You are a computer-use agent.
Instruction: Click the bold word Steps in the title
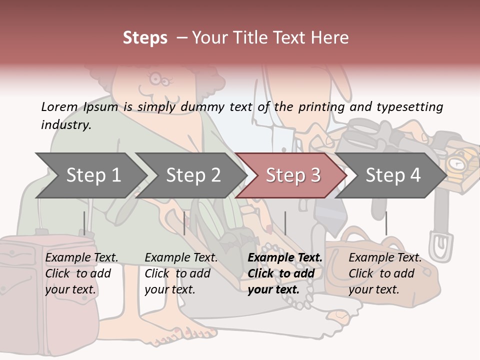coord(145,37)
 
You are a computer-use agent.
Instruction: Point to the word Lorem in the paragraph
coord(59,106)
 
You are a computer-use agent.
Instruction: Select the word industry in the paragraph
coord(65,124)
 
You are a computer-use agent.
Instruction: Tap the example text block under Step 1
coord(81,273)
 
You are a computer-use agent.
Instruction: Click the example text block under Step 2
coord(181,273)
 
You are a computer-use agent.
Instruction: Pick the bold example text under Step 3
coord(284,273)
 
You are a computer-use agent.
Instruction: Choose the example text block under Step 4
coord(384,273)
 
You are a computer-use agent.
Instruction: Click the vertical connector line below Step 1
coord(84,223)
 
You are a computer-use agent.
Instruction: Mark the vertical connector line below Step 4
coord(386,223)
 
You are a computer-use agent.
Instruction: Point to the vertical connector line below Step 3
coord(285,223)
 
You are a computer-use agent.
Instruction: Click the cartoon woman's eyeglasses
coord(161,78)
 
